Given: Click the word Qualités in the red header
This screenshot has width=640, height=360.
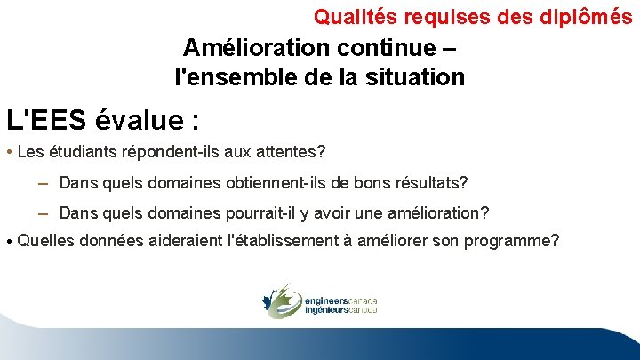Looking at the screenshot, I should point(346,16).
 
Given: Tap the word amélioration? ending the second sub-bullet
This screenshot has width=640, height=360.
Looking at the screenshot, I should point(436,213).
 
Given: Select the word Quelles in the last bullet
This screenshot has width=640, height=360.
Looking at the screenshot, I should point(45,239).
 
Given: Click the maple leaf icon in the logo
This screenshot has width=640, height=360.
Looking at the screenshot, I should point(279,300).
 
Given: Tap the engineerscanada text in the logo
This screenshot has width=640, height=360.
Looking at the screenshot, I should point(340,300).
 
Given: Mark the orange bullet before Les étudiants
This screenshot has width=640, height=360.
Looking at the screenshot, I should point(8,152).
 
